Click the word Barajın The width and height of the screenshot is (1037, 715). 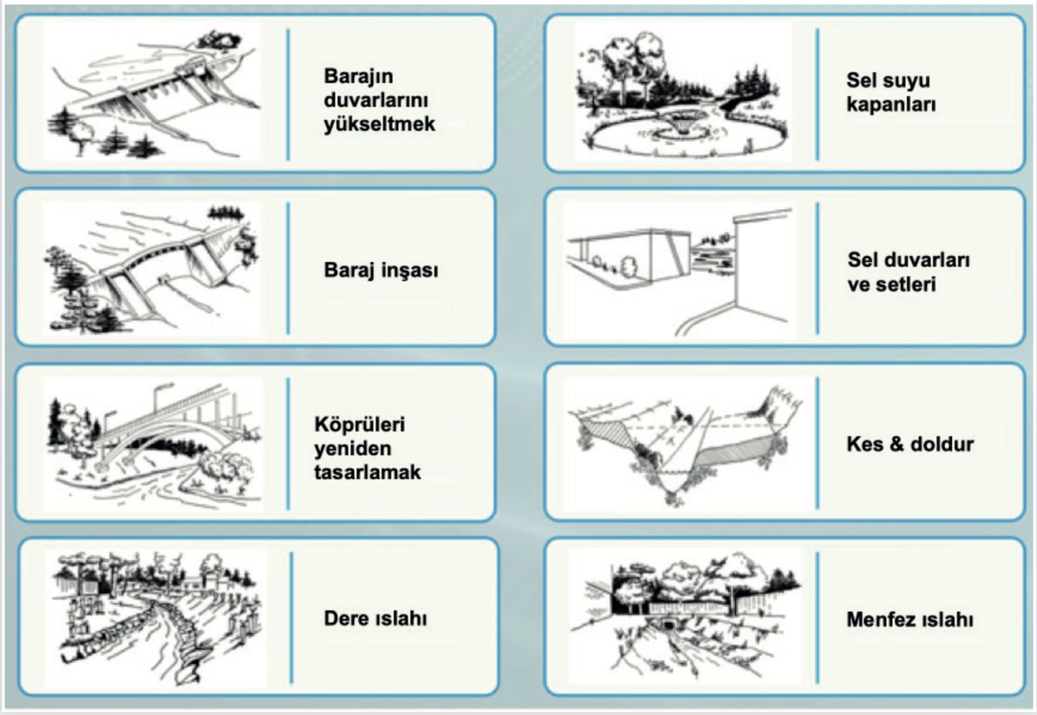(358, 76)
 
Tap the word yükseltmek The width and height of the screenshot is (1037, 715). (379, 124)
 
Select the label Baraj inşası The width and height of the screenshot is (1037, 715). (380, 270)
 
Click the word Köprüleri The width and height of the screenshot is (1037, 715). (359, 425)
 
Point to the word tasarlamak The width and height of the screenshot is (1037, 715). (368, 472)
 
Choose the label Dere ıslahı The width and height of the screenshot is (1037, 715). (375, 618)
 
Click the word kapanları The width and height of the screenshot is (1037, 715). (891, 104)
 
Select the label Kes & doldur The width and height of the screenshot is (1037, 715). (910, 444)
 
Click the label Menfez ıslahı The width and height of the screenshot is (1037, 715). (910, 619)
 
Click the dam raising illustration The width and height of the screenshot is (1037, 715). (153, 92)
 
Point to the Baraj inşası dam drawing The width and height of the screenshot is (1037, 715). (152, 269)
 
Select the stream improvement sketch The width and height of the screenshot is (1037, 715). (156, 618)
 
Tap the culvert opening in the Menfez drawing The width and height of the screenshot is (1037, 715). (669, 625)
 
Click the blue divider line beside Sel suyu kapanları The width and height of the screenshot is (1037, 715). (818, 94)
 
